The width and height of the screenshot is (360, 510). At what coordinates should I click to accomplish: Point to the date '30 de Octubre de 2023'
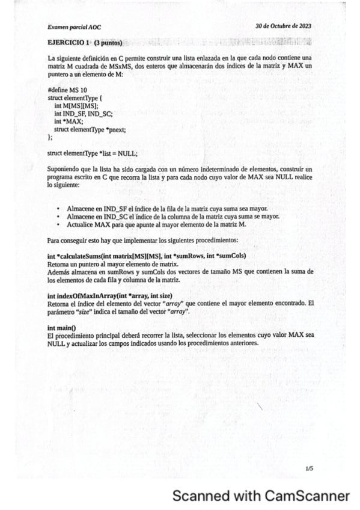pos(283,26)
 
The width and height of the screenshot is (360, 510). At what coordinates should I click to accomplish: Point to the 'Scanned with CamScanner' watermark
pos(261,496)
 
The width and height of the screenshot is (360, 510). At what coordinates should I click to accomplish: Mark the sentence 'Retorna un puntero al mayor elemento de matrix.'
pos(112,264)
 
